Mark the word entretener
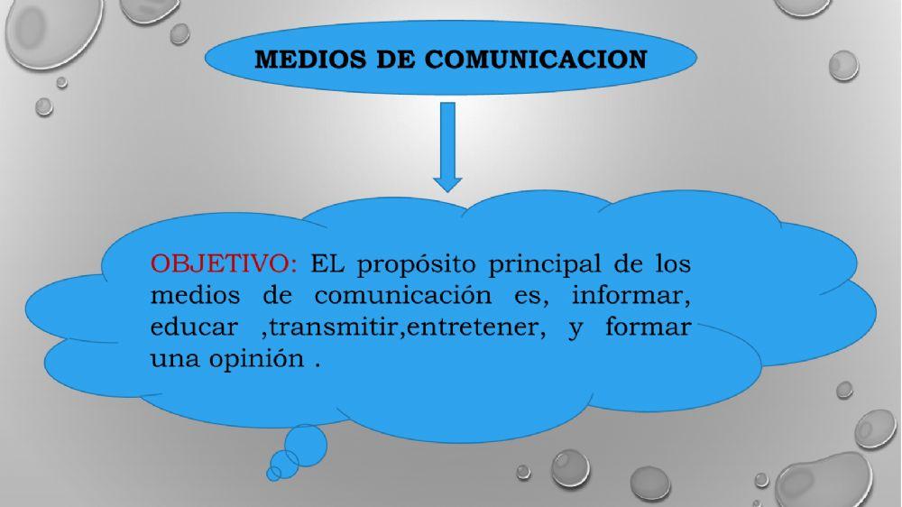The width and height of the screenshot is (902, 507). click(475, 326)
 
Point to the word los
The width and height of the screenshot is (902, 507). click(670, 264)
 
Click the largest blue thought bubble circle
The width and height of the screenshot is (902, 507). click(307, 442)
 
